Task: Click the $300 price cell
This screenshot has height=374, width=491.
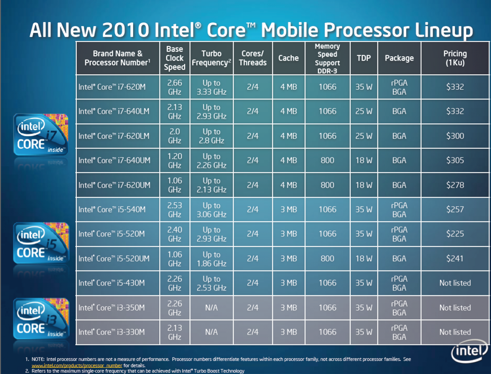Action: tap(455, 136)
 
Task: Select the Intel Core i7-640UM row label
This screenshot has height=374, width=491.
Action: tap(114, 161)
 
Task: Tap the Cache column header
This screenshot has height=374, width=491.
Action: tap(288, 58)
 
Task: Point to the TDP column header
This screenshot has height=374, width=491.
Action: tap(364, 58)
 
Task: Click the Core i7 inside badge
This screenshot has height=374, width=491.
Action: tap(41, 134)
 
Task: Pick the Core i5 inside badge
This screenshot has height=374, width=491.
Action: tap(41, 243)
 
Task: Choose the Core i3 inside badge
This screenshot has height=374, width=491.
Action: tap(41, 318)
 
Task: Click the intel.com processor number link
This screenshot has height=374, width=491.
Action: tap(77, 366)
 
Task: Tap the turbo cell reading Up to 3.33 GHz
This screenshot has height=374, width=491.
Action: tap(211, 87)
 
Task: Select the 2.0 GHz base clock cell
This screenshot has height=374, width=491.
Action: tap(175, 136)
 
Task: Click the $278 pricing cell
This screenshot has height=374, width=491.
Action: tap(455, 185)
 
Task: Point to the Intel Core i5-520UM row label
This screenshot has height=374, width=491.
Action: tap(114, 259)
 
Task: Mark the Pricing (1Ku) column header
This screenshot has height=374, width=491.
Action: tap(455, 58)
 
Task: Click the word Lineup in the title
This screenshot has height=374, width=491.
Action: tap(444, 31)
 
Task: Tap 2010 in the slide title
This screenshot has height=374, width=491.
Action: tap(125, 30)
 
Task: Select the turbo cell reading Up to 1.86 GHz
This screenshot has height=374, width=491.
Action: tap(211, 259)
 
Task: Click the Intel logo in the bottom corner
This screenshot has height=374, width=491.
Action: tap(469, 351)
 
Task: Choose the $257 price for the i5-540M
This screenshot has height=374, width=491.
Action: tap(455, 210)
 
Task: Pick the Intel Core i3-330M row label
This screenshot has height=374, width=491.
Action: tap(112, 332)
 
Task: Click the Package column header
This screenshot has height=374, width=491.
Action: tap(399, 58)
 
